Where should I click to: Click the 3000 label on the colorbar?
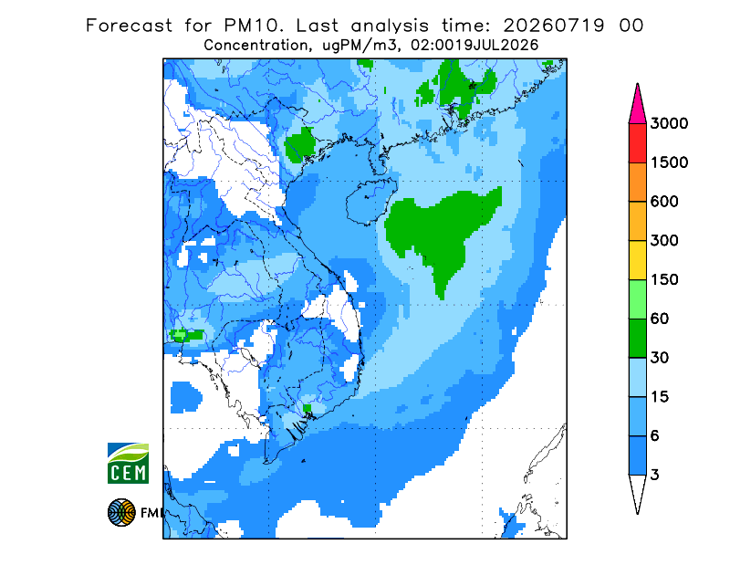pyautogui.click(x=669, y=123)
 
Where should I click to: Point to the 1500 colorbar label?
pyautogui.click(x=669, y=162)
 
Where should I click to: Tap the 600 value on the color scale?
pyautogui.click(x=664, y=202)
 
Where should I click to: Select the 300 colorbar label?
pyautogui.click(x=664, y=241)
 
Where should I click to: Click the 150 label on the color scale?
pyautogui.click(x=664, y=280)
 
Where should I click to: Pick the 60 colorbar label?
pyautogui.click(x=660, y=319)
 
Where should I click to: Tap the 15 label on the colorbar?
pyautogui.click(x=660, y=397)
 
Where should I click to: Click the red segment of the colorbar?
pyautogui.click(x=637, y=143)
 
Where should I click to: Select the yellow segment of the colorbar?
pyautogui.click(x=637, y=260)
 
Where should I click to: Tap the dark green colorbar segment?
pyautogui.click(x=637, y=339)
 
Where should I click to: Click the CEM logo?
pyautogui.click(x=128, y=463)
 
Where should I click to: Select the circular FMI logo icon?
pyautogui.click(x=121, y=512)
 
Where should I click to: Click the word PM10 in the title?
pyautogui.click(x=254, y=26)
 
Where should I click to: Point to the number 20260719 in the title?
pyautogui.click(x=554, y=26)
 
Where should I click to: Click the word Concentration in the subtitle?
pyautogui.click(x=255, y=46)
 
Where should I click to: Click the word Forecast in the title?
pyautogui.click(x=129, y=26)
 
